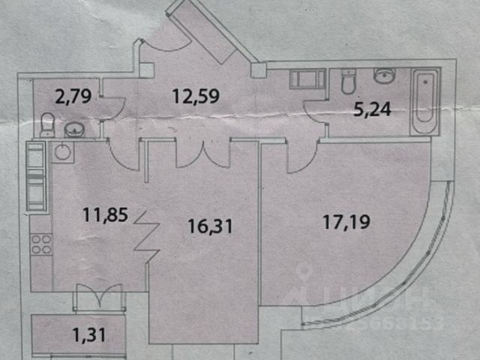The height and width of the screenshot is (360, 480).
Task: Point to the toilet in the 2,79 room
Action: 47,125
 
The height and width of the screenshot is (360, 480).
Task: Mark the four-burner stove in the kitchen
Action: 42,244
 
